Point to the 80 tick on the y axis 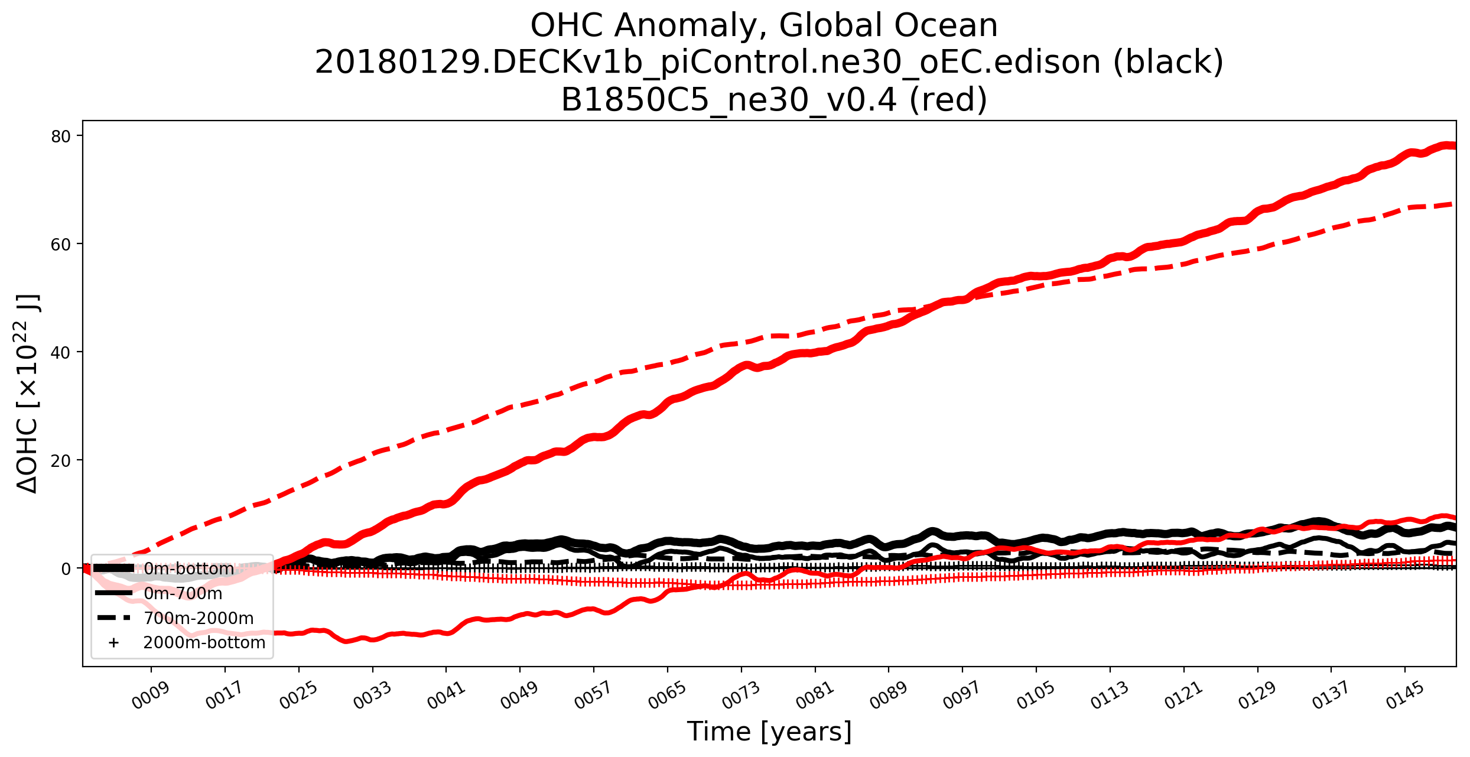click(x=61, y=137)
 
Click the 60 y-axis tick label click(x=61, y=244)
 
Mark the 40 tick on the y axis click(x=61, y=352)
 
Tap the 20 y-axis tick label click(x=61, y=460)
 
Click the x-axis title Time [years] click(x=769, y=732)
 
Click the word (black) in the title click(x=1168, y=62)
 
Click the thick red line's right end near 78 click(x=1451, y=145)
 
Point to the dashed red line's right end click(x=1451, y=204)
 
